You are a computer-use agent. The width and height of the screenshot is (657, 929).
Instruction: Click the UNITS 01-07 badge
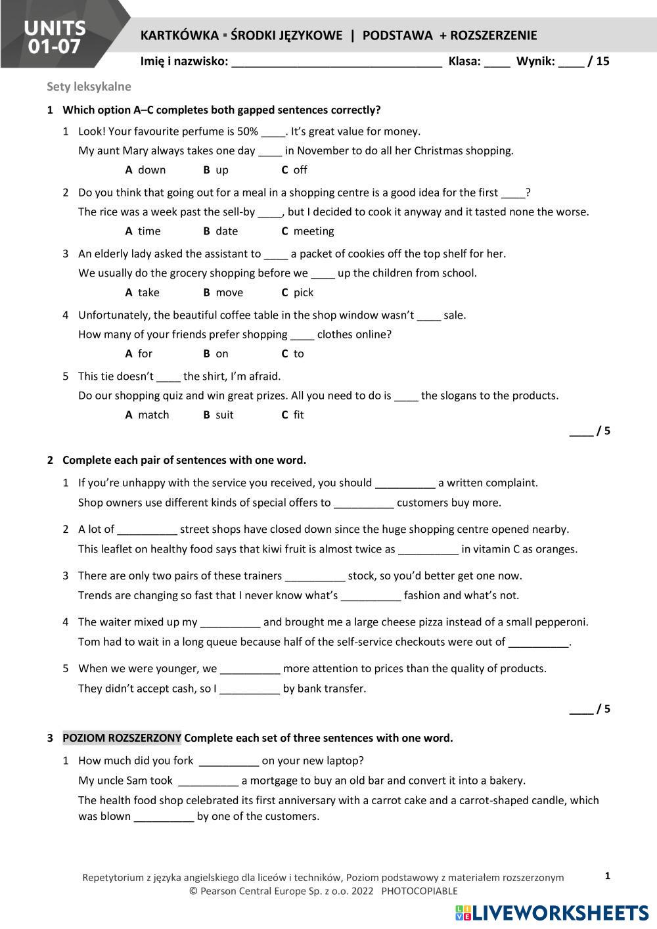pos(55,36)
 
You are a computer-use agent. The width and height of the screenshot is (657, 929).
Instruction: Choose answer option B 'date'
pos(221,231)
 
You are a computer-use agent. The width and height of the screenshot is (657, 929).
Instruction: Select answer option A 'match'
pos(147,415)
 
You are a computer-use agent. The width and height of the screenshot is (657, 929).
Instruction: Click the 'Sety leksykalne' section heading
pos(89,87)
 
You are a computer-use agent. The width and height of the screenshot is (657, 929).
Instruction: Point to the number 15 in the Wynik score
pos(602,61)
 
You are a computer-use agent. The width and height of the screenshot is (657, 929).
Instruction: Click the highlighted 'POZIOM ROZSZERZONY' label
pos(122,738)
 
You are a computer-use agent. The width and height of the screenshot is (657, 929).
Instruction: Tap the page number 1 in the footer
pos(607,876)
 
